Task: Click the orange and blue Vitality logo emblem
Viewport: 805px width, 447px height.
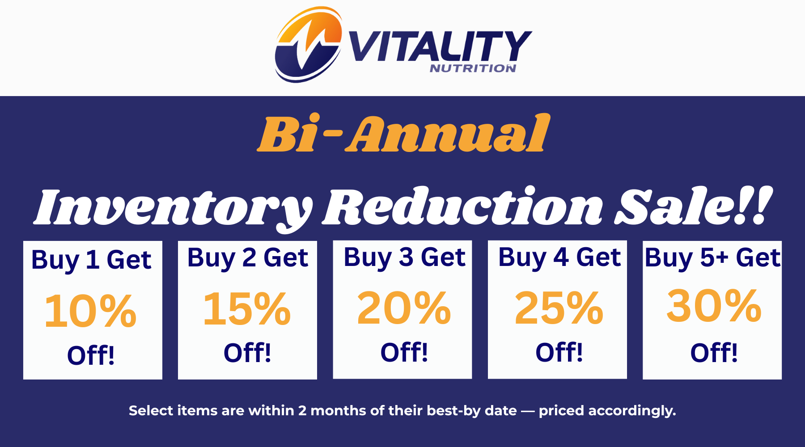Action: (309, 45)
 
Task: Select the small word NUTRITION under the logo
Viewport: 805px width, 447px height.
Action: (473, 68)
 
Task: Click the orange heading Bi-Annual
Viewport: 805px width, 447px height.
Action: (403, 133)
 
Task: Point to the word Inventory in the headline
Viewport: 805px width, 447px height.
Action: (174, 208)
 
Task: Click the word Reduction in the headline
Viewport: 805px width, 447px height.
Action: (462, 206)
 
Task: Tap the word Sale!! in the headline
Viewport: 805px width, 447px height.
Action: (693, 206)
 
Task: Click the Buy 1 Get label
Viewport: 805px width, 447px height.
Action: (92, 260)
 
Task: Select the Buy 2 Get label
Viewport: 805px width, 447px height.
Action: (248, 258)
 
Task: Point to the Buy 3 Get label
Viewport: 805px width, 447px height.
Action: (405, 257)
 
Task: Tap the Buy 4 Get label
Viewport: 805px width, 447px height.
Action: (559, 257)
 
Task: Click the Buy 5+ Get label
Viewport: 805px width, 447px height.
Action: (712, 258)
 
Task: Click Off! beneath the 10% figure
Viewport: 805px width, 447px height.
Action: (91, 355)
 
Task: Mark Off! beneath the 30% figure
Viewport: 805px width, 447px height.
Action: (714, 353)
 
